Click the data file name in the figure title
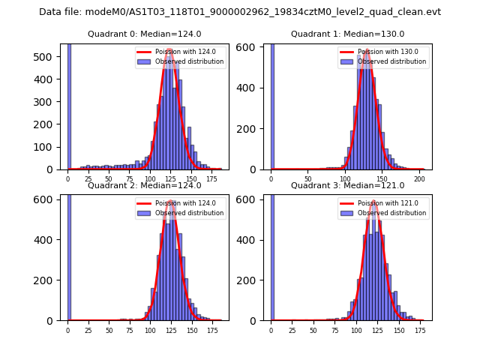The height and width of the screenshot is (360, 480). click(x=239, y=12)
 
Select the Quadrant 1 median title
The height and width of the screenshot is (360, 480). click(x=347, y=34)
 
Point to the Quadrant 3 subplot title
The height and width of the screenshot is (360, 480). click(x=347, y=185)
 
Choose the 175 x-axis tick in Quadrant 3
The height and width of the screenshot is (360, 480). click(x=420, y=330)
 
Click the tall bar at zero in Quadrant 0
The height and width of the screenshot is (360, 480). click(x=69, y=105)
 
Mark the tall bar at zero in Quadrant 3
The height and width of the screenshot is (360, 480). click(x=272, y=255)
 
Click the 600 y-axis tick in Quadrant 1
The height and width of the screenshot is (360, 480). click(x=253, y=49)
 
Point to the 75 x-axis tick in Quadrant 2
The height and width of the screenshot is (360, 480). click(x=129, y=330)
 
